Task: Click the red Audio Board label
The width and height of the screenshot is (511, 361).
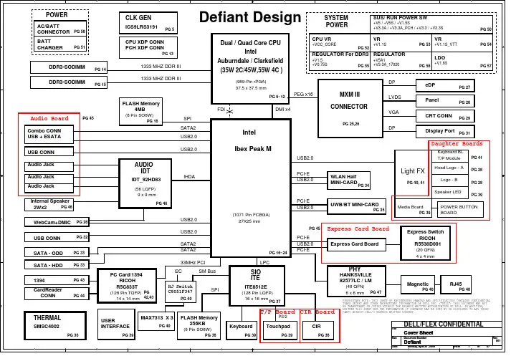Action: (49, 118)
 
